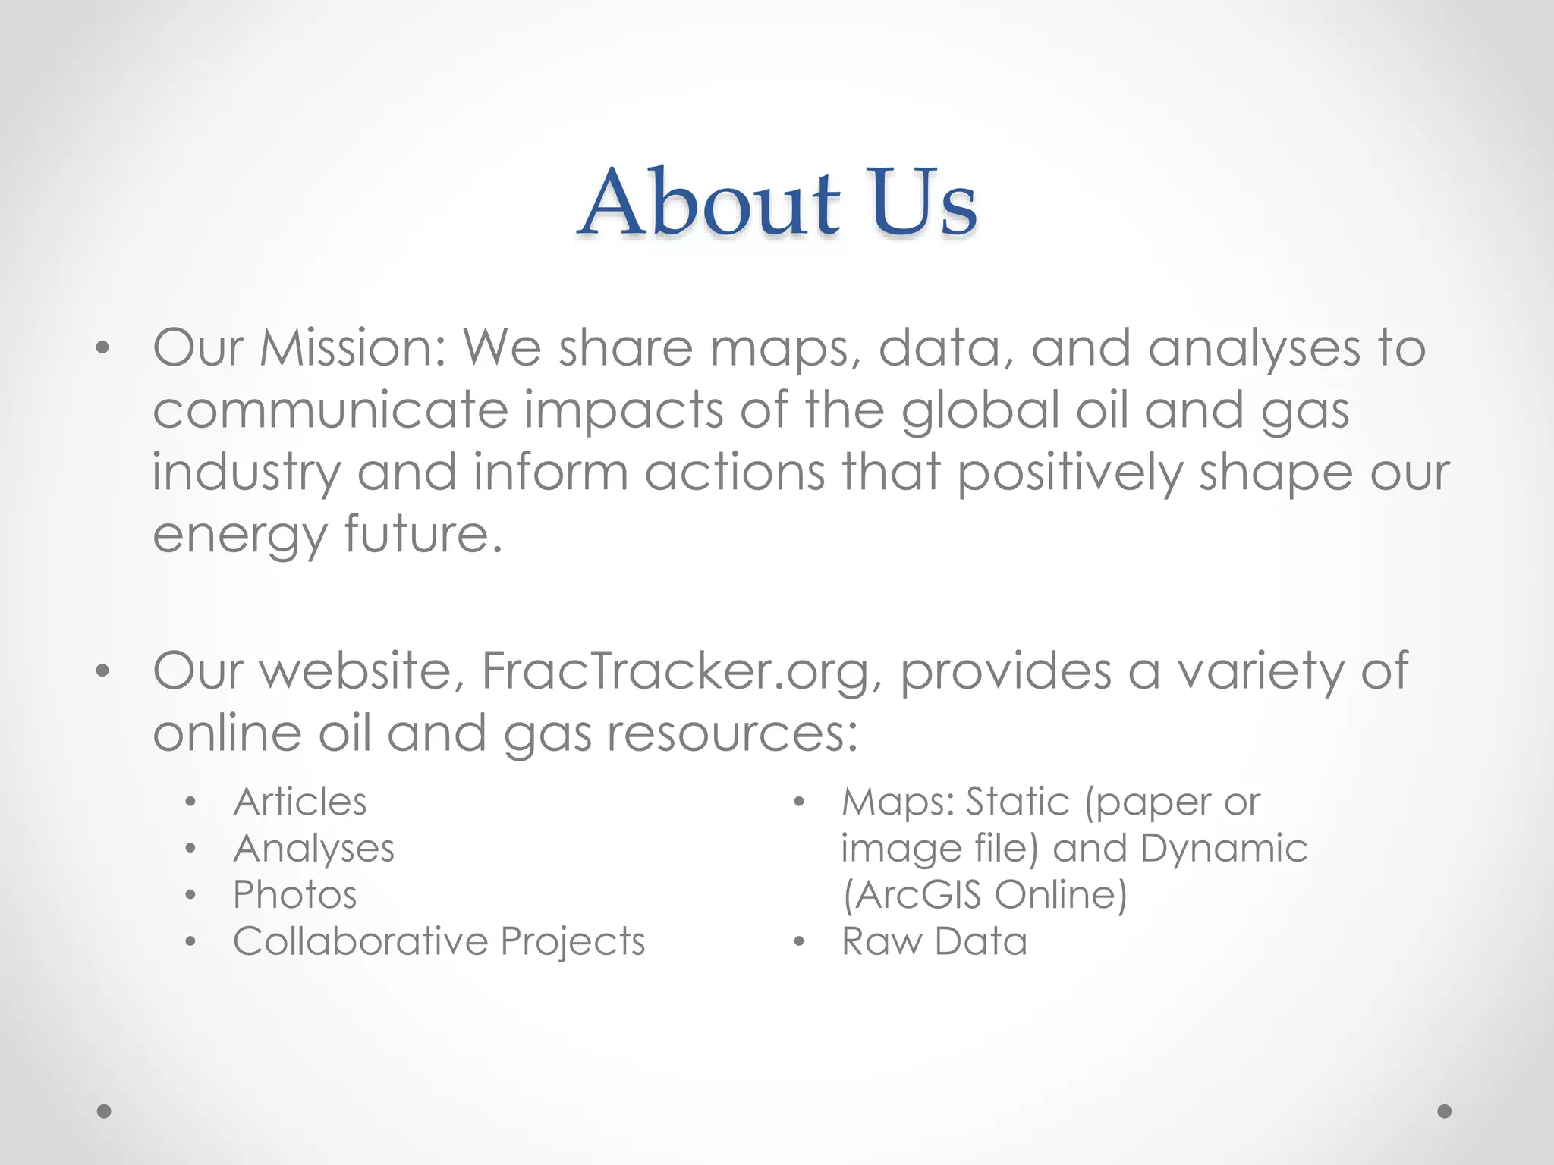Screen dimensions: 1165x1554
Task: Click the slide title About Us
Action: click(777, 203)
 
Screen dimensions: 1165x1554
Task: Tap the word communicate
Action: click(330, 410)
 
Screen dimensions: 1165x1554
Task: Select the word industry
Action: click(247, 473)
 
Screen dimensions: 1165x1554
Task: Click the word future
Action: click(420, 535)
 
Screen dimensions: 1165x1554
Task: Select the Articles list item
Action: click(300, 802)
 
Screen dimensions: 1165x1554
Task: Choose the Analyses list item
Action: click(313, 849)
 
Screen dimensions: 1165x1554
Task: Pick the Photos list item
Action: click(294, 895)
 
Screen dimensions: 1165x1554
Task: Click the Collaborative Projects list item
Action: click(439, 941)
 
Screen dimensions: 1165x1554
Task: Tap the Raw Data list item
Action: click(934, 941)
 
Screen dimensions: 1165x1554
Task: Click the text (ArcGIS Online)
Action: click(985, 895)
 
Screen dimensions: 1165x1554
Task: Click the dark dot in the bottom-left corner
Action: click(104, 1111)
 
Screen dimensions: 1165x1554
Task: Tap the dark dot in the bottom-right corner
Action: click(1445, 1111)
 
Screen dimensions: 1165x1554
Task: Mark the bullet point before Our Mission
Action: click(103, 350)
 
